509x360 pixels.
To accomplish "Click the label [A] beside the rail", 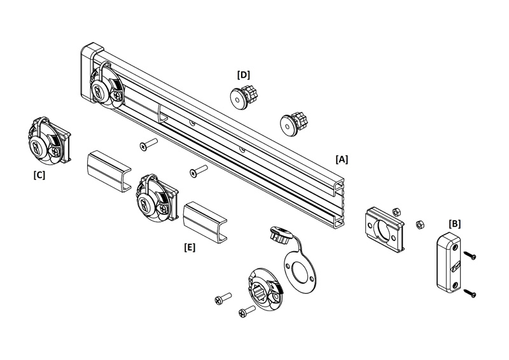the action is click(x=342, y=159).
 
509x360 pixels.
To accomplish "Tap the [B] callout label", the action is click(x=454, y=224).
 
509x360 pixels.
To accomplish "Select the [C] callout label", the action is click(x=39, y=175).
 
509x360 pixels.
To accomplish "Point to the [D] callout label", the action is click(x=244, y=75).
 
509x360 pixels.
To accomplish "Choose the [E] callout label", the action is click(x=190, y=247).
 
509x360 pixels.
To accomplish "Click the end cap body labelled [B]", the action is click(x=449, y=262).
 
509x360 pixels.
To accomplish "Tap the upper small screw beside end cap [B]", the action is click(x=470, y=255).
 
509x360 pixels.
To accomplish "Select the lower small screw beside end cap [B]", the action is click(x=470, y=293).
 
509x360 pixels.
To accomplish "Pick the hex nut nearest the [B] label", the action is click(x=420, y=225).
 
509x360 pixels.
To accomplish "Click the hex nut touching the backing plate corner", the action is click(x=396, y=212).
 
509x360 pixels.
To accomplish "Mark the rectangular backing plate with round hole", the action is click(x=384, y=230).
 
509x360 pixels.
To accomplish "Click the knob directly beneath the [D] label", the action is click(x=244, y=96).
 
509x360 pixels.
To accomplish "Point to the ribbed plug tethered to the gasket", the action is click(x=280, y=235).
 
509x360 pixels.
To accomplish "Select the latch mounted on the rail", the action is click(x=107, y=87).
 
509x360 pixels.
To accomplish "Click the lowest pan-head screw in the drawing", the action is click(x=247, y=311).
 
